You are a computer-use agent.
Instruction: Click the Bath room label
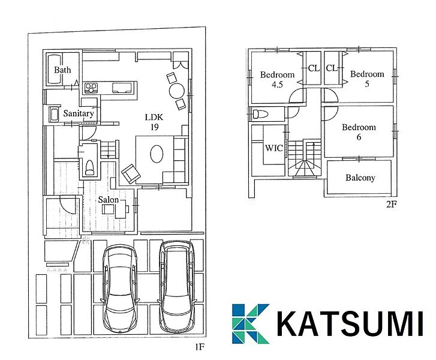[62, 70]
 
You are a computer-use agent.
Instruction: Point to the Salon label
[108, 200]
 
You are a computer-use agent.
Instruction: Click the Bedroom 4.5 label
[277, 79]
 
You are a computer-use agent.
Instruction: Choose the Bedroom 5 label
[367, 79]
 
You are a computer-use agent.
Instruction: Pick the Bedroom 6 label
[359, 132]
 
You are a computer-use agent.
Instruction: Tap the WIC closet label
[274, 148]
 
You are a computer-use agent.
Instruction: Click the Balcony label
[360, 178]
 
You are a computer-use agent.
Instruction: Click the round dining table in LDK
[177, 91]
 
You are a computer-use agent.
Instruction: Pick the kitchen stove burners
[91, 88]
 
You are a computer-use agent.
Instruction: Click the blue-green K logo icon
[250, 323]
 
